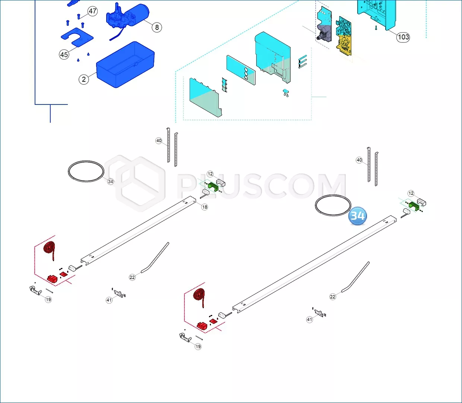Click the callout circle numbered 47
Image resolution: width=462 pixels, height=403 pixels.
coord(92,11)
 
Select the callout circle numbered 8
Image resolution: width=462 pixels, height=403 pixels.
coord(157,27)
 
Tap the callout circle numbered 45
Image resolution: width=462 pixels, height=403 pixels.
coord(64,54)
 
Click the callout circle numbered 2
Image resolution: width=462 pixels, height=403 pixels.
coord(84,79)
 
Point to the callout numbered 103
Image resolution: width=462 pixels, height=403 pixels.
coord(403,37)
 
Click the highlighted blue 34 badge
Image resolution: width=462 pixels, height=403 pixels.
coord(358,216)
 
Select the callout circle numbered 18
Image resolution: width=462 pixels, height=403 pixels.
coord(205,207)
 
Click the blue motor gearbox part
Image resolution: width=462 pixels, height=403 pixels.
coord(127,18)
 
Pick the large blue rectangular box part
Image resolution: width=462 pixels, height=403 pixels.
coord(126,65)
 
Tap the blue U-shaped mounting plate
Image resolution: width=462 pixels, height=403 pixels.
coord(77,37)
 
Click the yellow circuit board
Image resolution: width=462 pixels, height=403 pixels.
coord(344,45)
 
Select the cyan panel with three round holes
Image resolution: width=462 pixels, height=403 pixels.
coord(241,70)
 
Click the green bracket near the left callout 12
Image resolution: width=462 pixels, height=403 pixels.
coord(213,187)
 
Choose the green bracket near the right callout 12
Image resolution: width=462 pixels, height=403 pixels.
coord(414,206)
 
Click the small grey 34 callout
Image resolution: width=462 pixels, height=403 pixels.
coord(110,181)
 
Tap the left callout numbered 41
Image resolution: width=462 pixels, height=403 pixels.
coord(109,300)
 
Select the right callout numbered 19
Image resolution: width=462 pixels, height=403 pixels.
coord(198,346)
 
